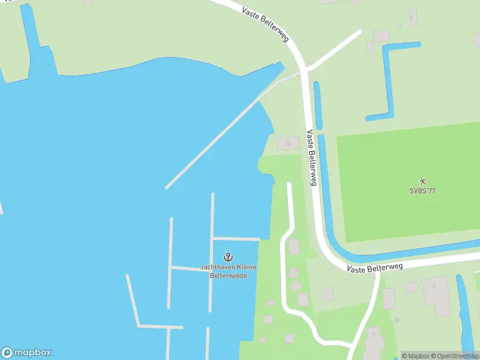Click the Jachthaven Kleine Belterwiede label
[228, 271]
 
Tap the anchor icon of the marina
[228, 257]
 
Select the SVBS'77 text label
[422, 191]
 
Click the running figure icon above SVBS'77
[422, 181]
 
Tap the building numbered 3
[374, 341]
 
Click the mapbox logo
[26, 352]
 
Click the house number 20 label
[396, 320]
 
